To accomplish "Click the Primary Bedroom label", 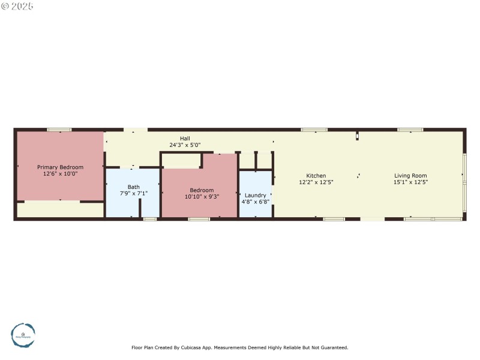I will pos(60,167).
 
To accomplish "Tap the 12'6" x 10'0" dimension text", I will pos(60,173).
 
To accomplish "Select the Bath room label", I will pos(133,187).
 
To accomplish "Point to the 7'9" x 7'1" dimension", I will pos(133,193).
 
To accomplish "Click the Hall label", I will pos(185,139).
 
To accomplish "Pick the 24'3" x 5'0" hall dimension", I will pos(185,145).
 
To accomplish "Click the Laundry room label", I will pos(256,195).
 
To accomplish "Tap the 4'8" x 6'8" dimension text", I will pos(256,202).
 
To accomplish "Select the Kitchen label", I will pos(316,176).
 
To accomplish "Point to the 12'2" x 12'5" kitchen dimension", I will pos(316,182).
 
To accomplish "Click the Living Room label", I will pos(410,176).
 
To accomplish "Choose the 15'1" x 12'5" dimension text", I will pos(410,182).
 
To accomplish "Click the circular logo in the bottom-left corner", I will pos(23,334).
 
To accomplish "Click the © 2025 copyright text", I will pos(17,6).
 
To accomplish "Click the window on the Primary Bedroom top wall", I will pos(59,130).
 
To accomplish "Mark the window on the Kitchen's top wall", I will pos(314,130).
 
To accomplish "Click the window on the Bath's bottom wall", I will pos(150,219).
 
